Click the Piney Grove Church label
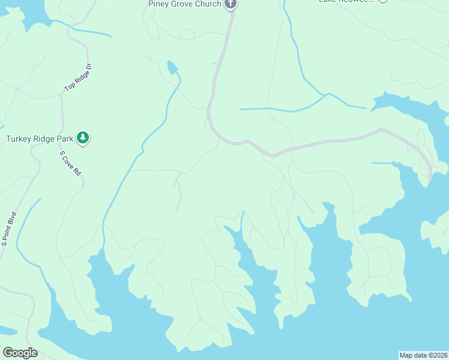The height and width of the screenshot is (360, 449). point(185,4)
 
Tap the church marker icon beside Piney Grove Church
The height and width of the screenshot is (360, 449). point(231,4)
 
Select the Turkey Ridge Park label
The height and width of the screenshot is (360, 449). point(40,139)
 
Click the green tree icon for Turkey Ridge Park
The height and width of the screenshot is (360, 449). point(83,139)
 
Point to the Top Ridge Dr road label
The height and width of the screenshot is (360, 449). point(77,78)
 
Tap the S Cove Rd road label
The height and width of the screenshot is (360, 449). point(70,163)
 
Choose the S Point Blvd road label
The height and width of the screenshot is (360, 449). point(8,228)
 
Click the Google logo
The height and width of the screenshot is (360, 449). point(20,353)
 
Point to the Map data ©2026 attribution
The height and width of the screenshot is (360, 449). point(423,355)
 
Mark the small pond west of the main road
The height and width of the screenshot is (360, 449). point(173,67)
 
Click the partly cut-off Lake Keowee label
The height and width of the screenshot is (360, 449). point(345,2)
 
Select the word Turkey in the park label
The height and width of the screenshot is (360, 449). point(20,139)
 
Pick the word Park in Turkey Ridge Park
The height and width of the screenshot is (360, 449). point(65,139)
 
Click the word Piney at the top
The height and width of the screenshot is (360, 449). point(160,4)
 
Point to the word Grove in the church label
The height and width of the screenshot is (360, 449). point(182,4)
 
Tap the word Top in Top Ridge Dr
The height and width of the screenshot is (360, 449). point(68,88)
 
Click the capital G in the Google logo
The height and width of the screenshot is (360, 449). point(8,353)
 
